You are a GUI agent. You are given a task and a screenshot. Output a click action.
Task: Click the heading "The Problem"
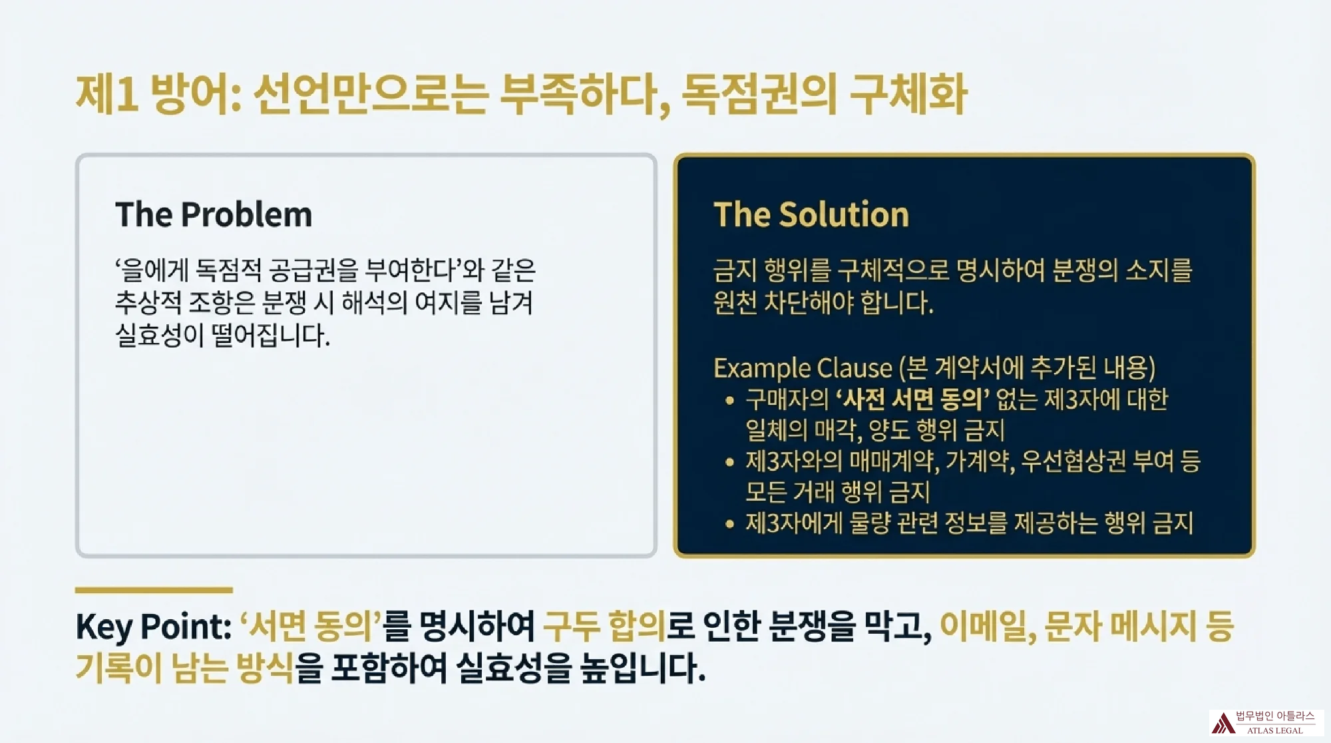pyautogui.click(x=213, y=214)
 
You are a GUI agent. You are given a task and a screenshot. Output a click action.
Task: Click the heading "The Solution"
pyautogui.click(x=811, y=214)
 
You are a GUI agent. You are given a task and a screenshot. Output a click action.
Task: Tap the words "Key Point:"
pyautogui.click(x=153, y=626)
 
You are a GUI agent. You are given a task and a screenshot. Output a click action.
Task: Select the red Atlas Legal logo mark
pyautogui.click(x=1223, y=723)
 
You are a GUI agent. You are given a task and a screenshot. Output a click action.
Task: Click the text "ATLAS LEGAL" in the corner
pyautogui.click(x=1274, y=730)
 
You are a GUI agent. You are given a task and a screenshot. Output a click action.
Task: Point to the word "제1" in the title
pyautogui.click(x=107, y=94)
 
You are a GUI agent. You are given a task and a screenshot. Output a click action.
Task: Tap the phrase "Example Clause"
pyautogui.click(x=802, y=368)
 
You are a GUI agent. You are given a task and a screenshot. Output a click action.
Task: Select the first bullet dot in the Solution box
pyautogui.click(x=729, y=400)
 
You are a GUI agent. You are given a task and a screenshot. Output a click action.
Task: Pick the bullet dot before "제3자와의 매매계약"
pyautogui.click(x=729, y=461)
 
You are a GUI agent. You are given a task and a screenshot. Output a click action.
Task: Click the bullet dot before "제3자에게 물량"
pyautogui.click(x=729, y=524)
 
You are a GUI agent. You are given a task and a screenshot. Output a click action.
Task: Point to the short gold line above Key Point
pyautogui.click(x=154, y=590)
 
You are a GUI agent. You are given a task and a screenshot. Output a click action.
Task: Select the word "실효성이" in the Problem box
pyautogui.click(x=159, y=334)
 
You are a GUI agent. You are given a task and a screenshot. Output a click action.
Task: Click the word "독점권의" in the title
pyautogui.click(x=759, y=94)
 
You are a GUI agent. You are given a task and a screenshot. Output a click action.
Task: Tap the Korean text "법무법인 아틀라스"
pyautogui.click(x=1274, y=716)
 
